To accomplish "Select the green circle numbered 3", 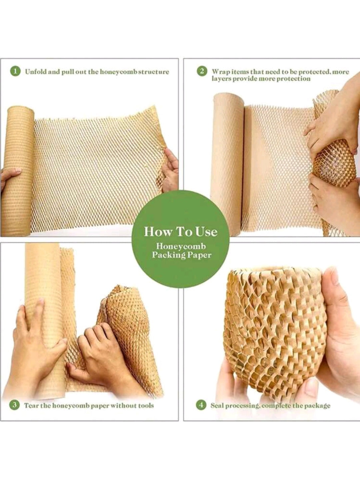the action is point(14,405).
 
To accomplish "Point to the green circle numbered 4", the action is point(201,405).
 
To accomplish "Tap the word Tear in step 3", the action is point(31,406).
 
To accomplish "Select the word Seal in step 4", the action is point(217,406).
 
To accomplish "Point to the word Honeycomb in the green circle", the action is point(181,246).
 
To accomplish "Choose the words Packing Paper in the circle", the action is point(181,255).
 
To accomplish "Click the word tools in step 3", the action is point(146,406).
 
